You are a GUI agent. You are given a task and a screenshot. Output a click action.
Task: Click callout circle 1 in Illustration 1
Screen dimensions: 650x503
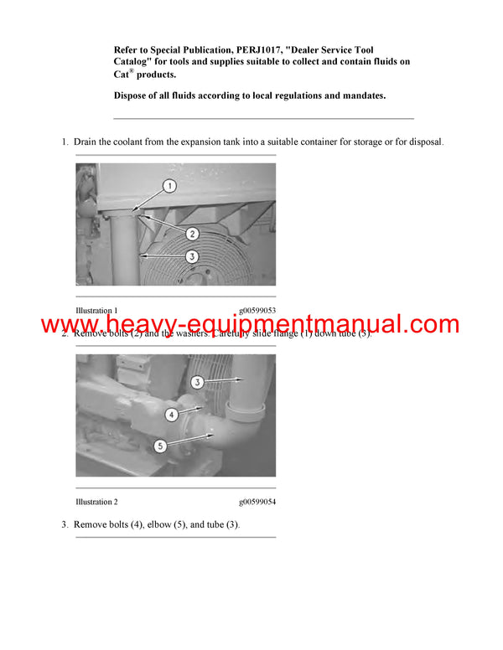coord(169,184)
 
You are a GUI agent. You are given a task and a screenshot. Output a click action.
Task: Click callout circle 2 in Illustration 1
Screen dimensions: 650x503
coord(192,234)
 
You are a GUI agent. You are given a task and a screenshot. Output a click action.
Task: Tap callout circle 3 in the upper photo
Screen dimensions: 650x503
coord(192,256)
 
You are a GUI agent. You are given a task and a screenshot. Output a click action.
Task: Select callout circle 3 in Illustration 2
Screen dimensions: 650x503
coord(196,382)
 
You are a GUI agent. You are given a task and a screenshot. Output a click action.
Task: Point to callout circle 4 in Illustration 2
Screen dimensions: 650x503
coord(171,413)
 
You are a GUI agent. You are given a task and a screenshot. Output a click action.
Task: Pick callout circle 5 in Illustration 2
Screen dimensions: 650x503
coord(160,446)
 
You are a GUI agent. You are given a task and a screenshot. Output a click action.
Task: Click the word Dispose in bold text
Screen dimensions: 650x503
coord(134,95)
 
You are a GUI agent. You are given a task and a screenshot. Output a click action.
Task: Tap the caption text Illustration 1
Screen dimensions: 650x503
coord(96,311)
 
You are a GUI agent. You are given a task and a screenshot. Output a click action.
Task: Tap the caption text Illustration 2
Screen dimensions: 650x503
coord(96,502)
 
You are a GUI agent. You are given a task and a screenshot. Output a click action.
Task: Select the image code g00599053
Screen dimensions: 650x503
coord(257,311)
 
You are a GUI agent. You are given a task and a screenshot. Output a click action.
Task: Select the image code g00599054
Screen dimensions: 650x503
coord(257,502)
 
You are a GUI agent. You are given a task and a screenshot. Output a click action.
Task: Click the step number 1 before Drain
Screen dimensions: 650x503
coord(64,142)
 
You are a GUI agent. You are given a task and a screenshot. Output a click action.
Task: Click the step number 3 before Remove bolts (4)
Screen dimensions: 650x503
coord(64,524)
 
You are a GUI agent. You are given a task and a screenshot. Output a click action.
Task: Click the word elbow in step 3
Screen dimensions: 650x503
coord(150,524)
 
